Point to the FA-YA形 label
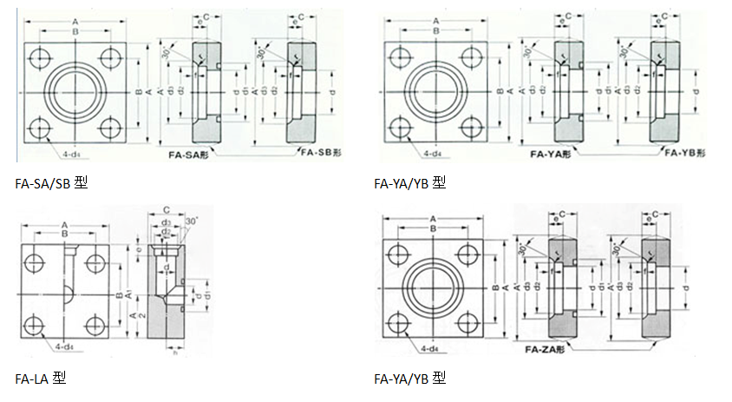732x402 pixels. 551,154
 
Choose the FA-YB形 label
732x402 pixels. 685,154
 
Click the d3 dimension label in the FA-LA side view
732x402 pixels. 167,222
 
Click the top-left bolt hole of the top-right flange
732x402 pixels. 402,56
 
